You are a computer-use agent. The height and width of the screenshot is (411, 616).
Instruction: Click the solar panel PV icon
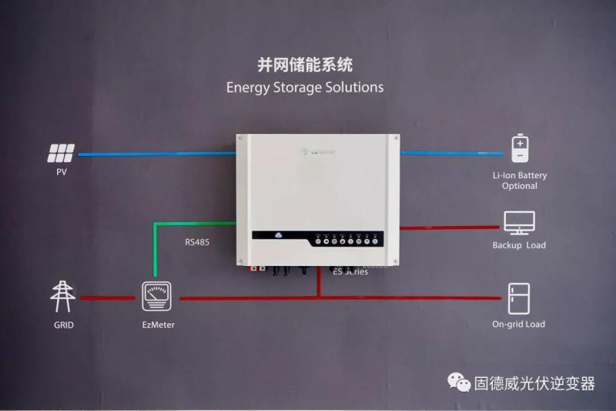point(62,153)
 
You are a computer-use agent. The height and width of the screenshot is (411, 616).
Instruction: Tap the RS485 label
point(197,241)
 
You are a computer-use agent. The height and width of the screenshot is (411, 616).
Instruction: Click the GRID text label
point(63,325)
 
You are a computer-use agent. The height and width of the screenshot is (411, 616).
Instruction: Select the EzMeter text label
point(159,325)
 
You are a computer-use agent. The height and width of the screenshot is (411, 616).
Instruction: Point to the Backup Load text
point(519,245)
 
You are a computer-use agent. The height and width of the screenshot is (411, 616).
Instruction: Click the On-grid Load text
point(518,325)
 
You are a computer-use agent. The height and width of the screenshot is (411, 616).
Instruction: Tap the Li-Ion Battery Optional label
point(520,181)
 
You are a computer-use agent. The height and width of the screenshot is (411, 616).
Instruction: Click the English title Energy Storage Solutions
point(305,87)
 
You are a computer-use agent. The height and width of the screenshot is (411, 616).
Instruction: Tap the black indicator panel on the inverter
point(347,239)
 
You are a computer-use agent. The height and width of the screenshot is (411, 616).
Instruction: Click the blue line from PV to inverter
point(154,153)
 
